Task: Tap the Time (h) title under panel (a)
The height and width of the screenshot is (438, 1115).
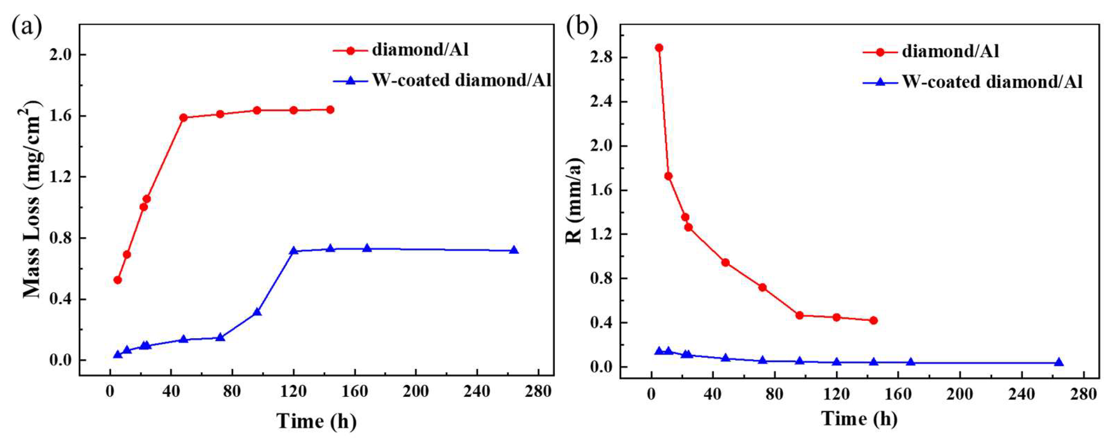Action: [x=317, y=421]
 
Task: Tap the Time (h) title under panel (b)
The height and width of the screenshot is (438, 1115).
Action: [x=859, y=418]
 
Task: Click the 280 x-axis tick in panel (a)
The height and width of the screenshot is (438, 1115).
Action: [x=538, y=392]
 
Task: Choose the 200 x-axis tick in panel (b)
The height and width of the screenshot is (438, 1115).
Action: [x=960, y=394]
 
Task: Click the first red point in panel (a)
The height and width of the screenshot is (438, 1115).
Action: [x=117, y=280]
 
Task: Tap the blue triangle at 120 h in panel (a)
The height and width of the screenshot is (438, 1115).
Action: [x=293, y=251]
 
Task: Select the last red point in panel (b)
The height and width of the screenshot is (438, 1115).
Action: [x=873, y=320]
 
